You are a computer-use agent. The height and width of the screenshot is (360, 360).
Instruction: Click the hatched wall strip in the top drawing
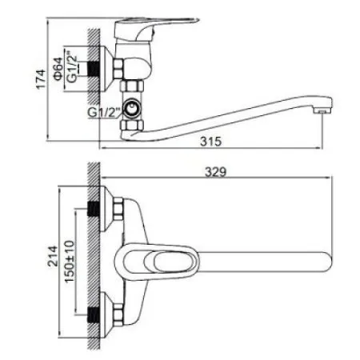point(94,80)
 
